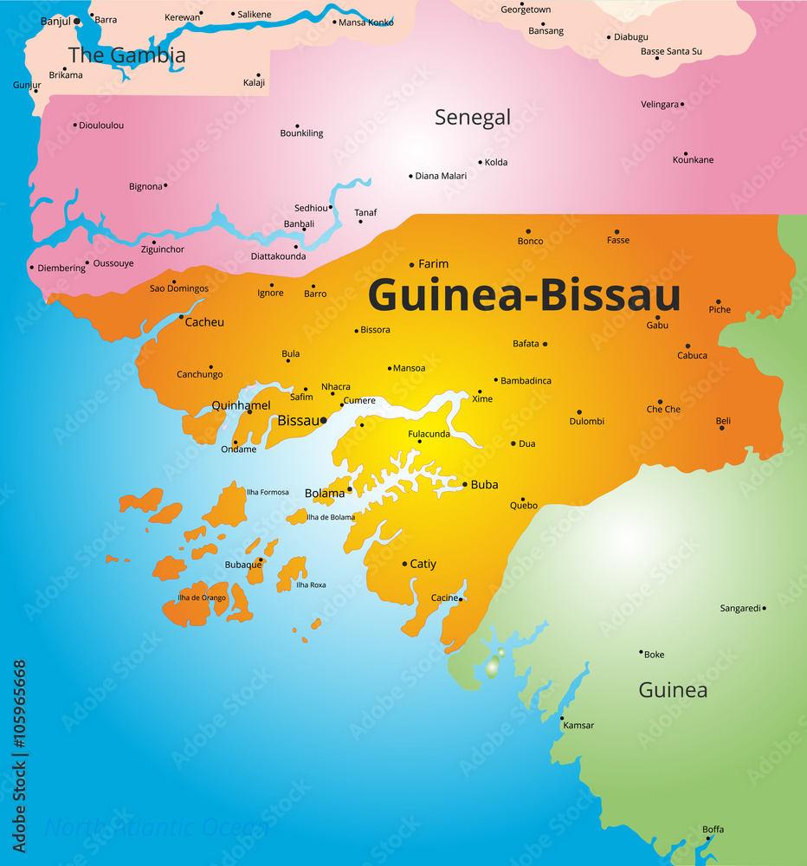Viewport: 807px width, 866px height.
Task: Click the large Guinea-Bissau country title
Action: (x=524, y=295)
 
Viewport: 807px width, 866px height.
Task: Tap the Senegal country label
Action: (x=473, y=117)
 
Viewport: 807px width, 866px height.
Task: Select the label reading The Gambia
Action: (x=126, y=55)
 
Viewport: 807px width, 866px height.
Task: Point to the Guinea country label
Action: (x=673, y=690)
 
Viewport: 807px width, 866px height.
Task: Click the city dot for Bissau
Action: (x=323, y=421)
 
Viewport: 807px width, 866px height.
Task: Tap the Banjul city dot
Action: (x=77, y=20)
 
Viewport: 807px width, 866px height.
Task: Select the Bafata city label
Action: (x=526, y=344)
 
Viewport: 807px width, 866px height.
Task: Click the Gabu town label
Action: (x=657, y=326)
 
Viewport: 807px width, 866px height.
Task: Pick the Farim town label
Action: (x=433, y=264)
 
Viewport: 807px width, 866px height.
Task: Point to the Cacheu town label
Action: (x=204, y=322)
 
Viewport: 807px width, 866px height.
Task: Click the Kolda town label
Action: (x=496, y=163)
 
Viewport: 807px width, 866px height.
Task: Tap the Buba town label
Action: (x=484, y=485)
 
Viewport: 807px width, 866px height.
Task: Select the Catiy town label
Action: (x=423, y=564)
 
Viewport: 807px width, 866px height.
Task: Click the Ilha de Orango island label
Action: (x=202, y=598)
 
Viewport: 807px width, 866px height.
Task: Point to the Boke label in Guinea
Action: (x=654, y=655)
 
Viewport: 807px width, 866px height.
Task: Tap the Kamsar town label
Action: (x=578, y=726)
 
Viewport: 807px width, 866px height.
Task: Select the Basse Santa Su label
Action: (x=671, y=52)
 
